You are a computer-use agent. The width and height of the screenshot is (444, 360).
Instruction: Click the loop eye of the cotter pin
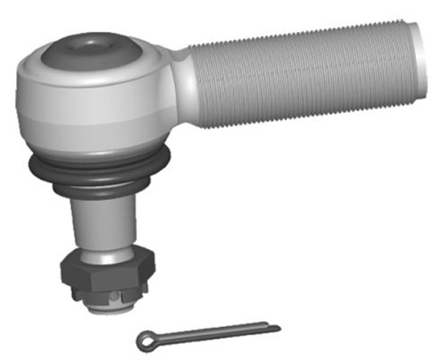click(144, 338)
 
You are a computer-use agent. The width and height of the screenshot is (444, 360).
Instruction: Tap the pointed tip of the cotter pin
click(278, 327)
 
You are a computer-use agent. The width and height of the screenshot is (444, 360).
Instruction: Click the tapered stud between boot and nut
click(104, 222)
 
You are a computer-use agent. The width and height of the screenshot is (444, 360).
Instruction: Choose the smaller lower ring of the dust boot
click(101, 189)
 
